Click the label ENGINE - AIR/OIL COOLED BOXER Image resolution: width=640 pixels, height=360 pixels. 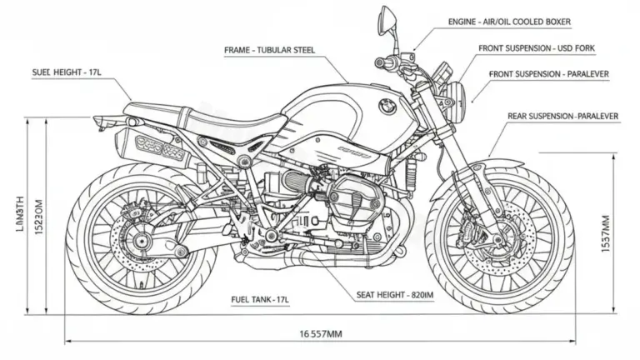[x=517, y=20]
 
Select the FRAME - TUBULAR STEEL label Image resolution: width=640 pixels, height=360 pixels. [x=272, y=50]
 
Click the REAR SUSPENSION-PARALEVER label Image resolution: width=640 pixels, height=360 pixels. [x=562, y=116]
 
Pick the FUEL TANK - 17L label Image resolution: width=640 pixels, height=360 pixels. [x=259, y=298]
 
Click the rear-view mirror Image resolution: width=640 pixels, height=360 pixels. [x=388, y=17]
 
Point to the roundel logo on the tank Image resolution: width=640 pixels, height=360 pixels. [x=386, y=105]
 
